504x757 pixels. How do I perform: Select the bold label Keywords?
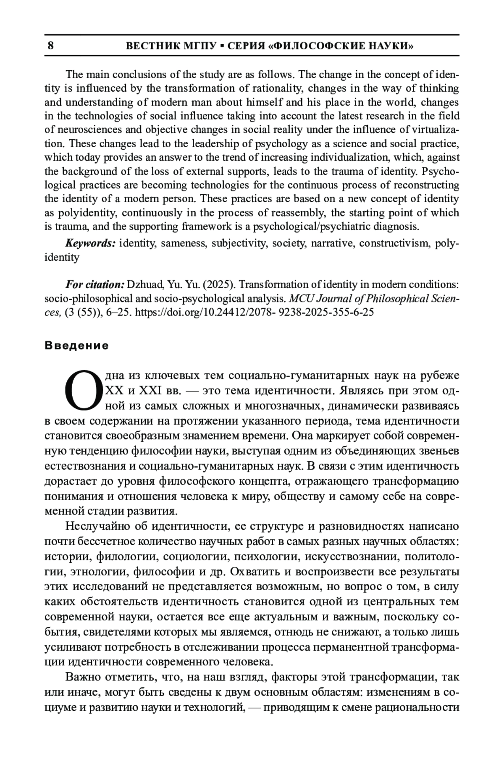click(90, 244)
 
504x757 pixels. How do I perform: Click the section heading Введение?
click(76, 346)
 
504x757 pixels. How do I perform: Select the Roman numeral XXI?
click(150, 391)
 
